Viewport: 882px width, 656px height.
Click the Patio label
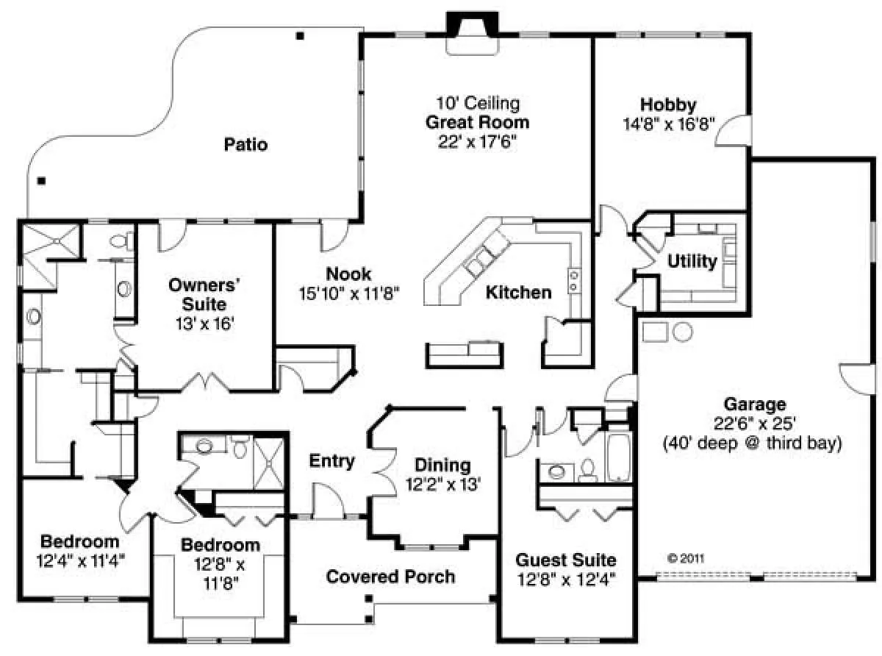pos(245,144)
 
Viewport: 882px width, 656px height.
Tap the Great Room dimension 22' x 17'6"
pos(477,141)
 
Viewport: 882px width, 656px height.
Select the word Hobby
pos(668,104)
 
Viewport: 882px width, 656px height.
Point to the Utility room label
pos(692,261)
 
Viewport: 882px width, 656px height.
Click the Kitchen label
pos(519,293)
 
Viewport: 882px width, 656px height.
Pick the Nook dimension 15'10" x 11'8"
pos(348,293)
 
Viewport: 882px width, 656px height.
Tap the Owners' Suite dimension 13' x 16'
pos(205,324)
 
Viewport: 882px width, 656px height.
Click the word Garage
pos(755,404)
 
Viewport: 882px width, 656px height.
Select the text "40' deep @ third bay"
pos(752,443)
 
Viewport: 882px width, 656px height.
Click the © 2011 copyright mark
pos(686,558)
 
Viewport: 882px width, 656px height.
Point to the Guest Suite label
pos(566,560)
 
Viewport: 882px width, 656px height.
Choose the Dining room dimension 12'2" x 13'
pos(443,485)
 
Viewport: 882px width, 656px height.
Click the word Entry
pos(331,461)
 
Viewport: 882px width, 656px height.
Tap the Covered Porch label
pos(390,577)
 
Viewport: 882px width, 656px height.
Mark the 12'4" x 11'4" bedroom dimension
pos(81,561)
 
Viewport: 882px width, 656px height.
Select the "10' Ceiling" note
pos(478,103)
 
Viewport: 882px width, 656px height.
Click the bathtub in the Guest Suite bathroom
pos(618,457)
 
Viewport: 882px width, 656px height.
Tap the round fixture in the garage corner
pos(683,332)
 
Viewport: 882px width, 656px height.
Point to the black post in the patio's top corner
pos(300,36)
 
